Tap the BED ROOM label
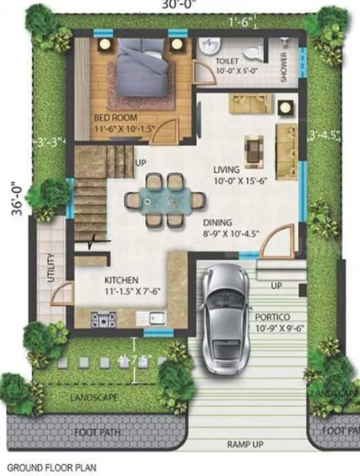pyautogui.click(x=111, y=118)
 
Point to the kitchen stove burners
pyautogui.click(x=104, y=318)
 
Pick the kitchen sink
pyautogui.click(x=152, y=318)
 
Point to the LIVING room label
pyautogui.click(x=227, y=170)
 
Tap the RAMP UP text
pyautogui.click(x=243, y=445)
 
